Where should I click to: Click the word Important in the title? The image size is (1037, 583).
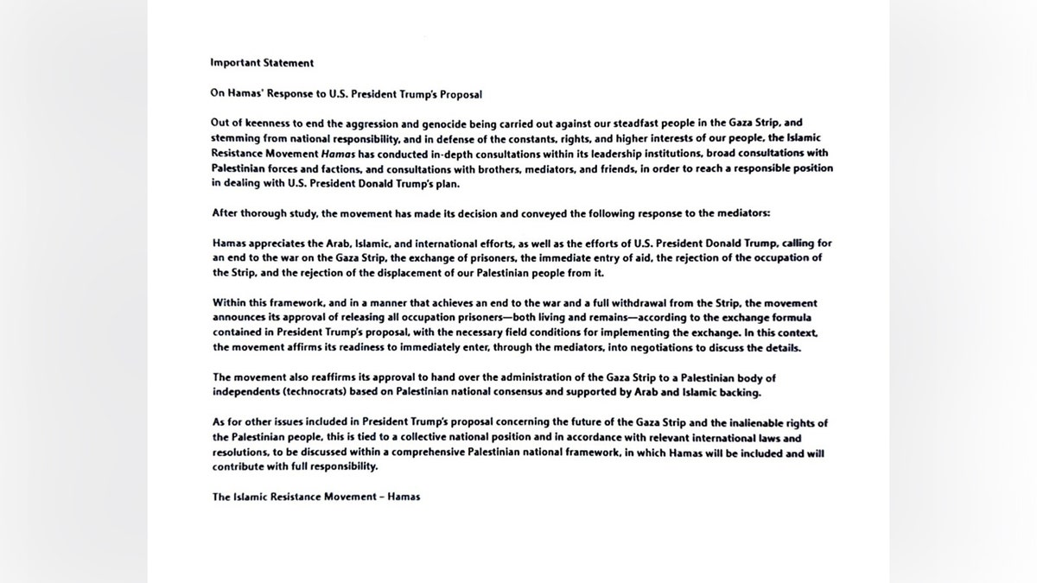point(232,62)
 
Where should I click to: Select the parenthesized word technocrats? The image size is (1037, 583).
point(315,393)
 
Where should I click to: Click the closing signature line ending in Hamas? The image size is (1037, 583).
point(315,497)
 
